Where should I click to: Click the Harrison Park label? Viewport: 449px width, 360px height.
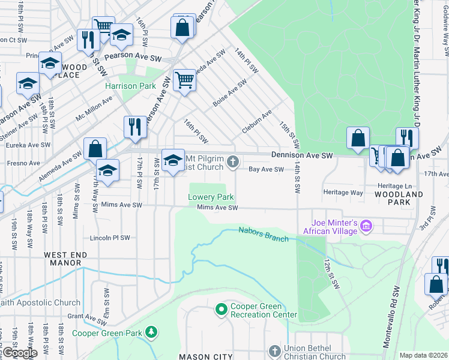(130, 86)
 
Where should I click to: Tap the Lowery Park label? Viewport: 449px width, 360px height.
(211, 196)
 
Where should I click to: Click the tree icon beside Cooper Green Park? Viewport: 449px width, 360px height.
(152, 331)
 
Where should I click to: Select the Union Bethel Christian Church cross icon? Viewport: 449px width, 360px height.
(274, 350)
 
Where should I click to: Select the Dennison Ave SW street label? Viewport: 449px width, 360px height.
(302, 155)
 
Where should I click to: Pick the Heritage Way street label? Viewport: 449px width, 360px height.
(343, 193)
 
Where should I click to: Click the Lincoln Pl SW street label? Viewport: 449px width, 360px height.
(109, 238)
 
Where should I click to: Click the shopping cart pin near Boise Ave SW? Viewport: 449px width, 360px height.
(184, 80)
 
